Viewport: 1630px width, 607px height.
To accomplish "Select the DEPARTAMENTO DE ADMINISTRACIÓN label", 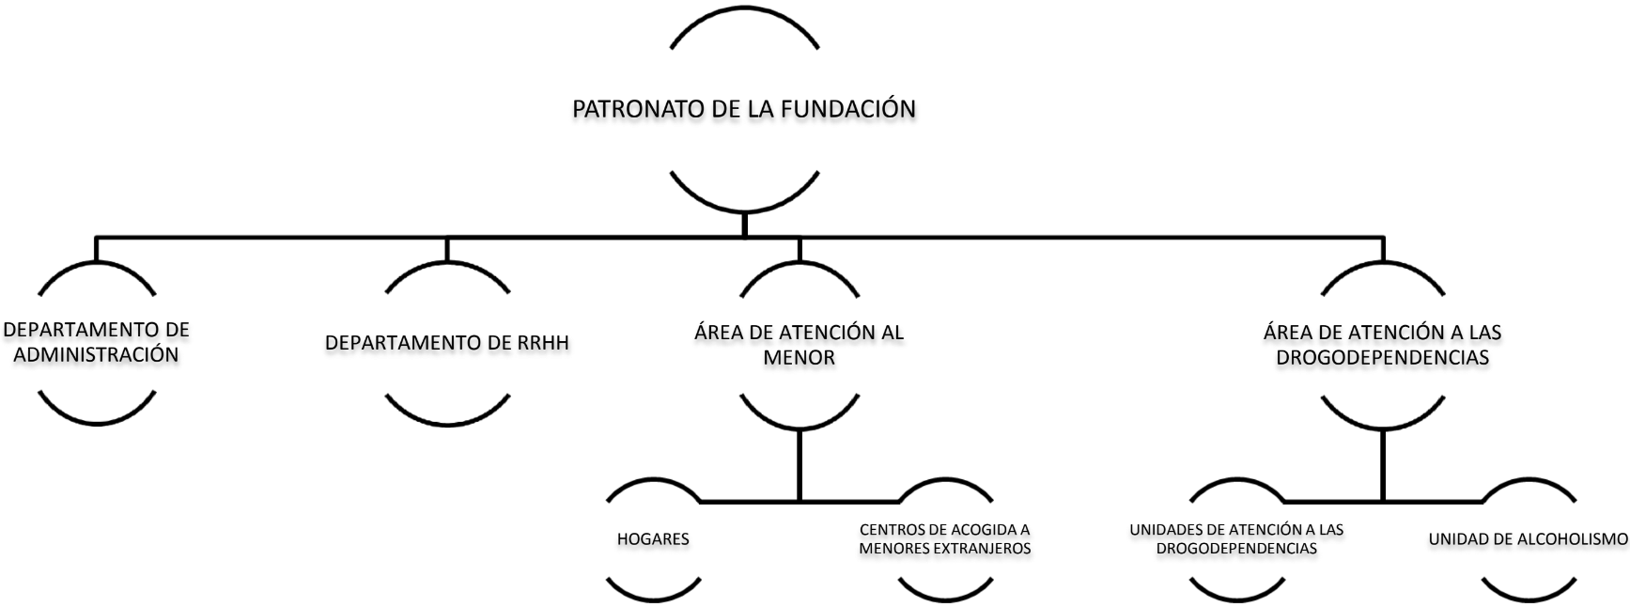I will pyautogui.click(x=96, y=342).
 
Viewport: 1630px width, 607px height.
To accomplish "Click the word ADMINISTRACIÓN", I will pyautogui.click(x=96, y=355).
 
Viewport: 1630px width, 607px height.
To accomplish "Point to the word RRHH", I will pyautogui.click(x=543, y=343).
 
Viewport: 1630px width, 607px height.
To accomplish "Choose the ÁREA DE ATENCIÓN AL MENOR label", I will pyautogui.click(x=799, y=345).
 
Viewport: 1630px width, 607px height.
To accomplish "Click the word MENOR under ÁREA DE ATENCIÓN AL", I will pyautogui.click(x=799, y=358).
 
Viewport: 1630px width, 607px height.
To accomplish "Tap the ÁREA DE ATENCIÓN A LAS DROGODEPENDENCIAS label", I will pyautogui.click(x=1382, y=345).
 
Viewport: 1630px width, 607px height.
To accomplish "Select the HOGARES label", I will pyautogui.click(x=653, y=539).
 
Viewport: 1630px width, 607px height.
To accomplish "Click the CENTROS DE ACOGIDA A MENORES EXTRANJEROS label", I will pyautogui.click(x=945, y=539).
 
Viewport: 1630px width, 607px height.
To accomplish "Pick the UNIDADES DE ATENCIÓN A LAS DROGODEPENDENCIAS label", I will pyautogui.click(x=1236, y=539).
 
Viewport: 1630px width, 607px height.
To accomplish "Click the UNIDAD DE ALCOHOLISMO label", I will pyautogui.click(x=1528, y=539).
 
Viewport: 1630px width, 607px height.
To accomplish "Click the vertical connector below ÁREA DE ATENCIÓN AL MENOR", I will pyautogui.click(x=799, y=465).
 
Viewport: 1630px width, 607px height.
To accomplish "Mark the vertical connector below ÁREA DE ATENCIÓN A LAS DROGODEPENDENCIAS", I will pyautogui.click(x=1382, y=465).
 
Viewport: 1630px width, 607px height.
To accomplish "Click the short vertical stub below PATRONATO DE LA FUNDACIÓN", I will pyautogui.click(x=744, y=224).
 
